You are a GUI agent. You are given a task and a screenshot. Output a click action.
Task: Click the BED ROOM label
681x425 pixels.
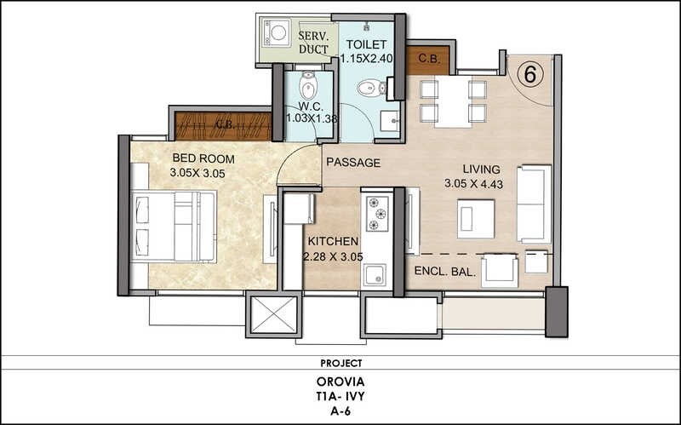pyautogui.click(x=199, y=158)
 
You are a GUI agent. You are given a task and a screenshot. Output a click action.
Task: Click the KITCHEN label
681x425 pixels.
pyautogui.click(x=333, y=242)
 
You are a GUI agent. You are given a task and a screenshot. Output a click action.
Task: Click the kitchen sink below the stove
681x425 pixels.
pyautogui.click(x=375, y=274)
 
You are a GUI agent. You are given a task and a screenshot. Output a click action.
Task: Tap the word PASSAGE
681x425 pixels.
pyautogui.click(x=352, y=163)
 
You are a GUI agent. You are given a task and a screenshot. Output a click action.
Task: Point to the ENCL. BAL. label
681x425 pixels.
pyautogui.click(x=444, y=272)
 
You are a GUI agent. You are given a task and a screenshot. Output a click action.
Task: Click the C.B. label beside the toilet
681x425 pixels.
pyautogui.click(x=428, y=59)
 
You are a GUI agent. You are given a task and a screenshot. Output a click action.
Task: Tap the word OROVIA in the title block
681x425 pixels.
pyautogui.click(x=340, y=380)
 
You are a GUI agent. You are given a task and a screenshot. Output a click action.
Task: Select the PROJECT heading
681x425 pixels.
pyautogui.click(x=340, y=362)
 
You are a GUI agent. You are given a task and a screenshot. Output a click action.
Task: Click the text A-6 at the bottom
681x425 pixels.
pyautogui.click(x=340, y=411)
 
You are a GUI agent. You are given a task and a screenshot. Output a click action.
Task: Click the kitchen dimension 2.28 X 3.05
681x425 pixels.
pyautogui.click(x=333, y=256)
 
